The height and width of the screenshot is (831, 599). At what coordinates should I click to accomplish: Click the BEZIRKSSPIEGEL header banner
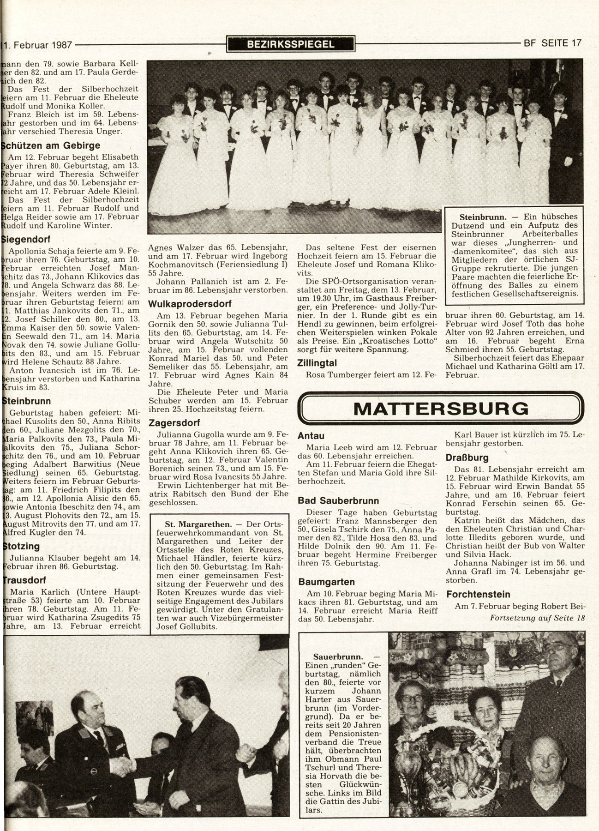click(x=291, y=44)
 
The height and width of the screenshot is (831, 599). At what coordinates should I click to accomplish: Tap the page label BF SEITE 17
click(x=552, y=43)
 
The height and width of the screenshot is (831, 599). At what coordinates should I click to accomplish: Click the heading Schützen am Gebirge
click(x=52, y=145)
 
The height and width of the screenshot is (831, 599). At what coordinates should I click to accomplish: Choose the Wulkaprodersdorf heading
click(x=189, y=304)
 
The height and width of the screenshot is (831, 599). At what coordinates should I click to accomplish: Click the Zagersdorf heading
click(x=170, y=422)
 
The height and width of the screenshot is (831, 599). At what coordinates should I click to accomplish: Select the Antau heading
click(x=311, y=435)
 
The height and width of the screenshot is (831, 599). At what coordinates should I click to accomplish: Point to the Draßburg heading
click(x=467, y=458)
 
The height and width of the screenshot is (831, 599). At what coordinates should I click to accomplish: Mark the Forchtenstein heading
click(x=478, y=594)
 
